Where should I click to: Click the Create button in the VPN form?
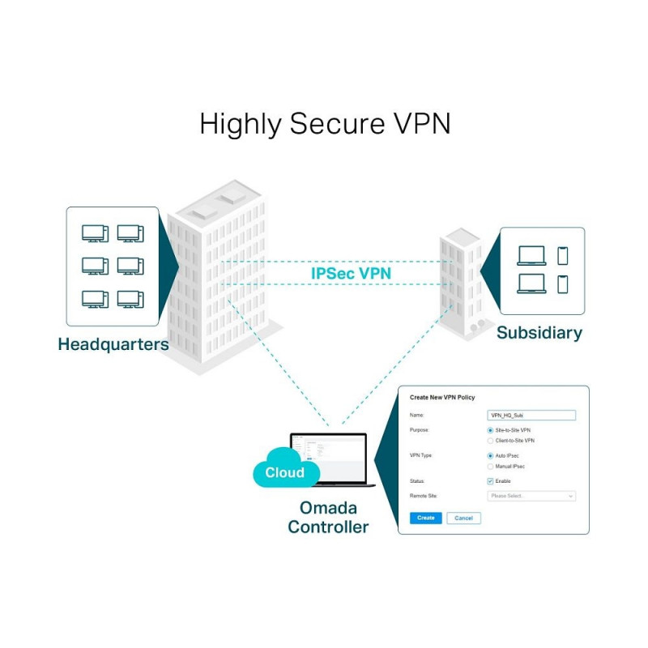[x=425, y=518]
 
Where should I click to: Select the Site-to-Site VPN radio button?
[x=490, y=430]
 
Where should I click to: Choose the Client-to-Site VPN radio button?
[x=490, y=441]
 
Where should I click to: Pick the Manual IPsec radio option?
[x=490, y=467]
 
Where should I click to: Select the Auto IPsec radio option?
[x=490, y=456]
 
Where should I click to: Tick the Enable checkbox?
[x=490, y=481]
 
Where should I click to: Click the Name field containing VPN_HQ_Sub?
[x=531, y=415]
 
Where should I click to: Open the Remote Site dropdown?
[x=531, y=496]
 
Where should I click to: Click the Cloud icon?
[x=284, y=472]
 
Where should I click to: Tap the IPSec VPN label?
[x=351, y=274]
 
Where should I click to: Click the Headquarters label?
[x=113, y=344]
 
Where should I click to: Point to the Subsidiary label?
[x=539, y=333]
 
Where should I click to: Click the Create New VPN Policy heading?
[x=442, y=397]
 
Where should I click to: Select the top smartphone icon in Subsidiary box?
[x=563, y=256]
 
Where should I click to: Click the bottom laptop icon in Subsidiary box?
[x=531, y=284]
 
